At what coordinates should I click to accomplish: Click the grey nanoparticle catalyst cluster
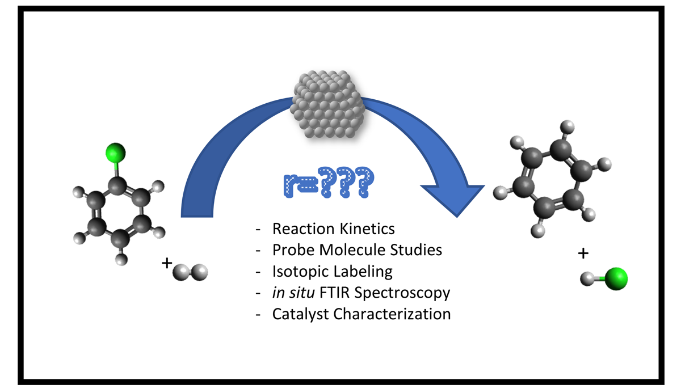327,104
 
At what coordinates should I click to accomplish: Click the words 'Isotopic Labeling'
332,271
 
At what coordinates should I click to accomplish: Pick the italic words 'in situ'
293,293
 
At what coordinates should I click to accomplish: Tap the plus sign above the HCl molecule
583,255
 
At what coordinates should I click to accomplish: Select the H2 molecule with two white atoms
191,273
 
